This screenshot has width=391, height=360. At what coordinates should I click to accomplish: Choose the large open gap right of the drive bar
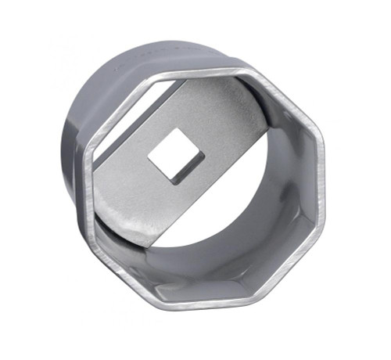click(250, 180)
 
